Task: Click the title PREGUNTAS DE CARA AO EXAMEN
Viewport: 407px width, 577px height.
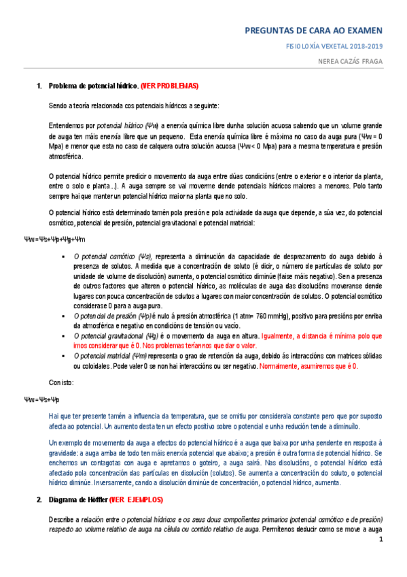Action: [313, 31]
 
